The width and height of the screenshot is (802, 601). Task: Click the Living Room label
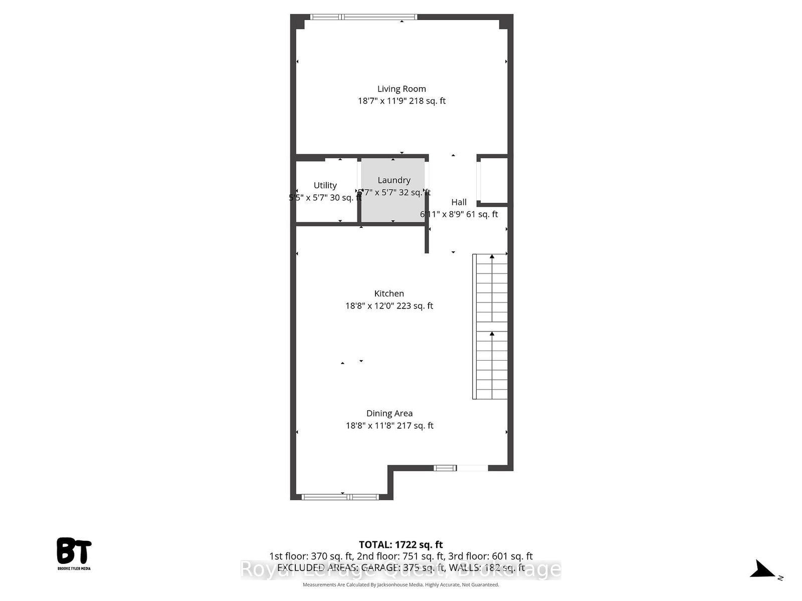pyautogui.click(x=402, y=89)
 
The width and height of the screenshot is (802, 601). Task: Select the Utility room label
pyautogui.click(x=325, y=185)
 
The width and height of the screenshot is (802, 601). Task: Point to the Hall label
pyautogui.click(x=459, y=202)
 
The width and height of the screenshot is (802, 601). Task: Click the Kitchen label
pyautogui.click(x=389, y=293)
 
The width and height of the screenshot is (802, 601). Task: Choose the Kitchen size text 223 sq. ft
pyautogui.click(x=415, y=306)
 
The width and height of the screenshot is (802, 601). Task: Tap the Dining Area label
pyautogui.click(x=389, y=413)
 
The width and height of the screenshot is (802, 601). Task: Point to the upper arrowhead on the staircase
pyautogui.click(x=492, y=257)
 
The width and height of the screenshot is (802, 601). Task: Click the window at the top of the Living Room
pyautogui.click(x=363, y=17)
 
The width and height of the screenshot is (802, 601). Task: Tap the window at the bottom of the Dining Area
pyautogui.click(x=339, y=497)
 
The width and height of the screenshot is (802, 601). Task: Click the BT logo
pyautogui.click(x=74, y=551)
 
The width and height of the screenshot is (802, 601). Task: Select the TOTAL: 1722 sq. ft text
pyautogui.click(x=401, y=544)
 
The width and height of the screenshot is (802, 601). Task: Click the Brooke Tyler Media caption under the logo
pyautogui.click(x=74, y=568)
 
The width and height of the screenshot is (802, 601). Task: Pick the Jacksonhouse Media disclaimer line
pyautogui.click(x=401, y=584)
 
